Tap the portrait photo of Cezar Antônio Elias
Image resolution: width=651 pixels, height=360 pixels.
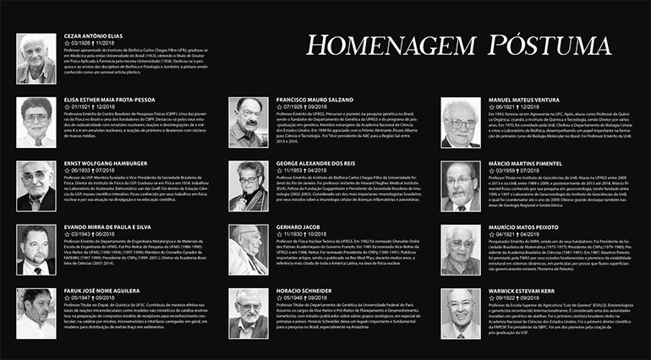click(x=36, y=58)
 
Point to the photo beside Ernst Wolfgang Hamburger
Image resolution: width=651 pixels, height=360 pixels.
click(x=36, y=185)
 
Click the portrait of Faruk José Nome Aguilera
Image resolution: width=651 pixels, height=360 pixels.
click(x=36, y=314)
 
